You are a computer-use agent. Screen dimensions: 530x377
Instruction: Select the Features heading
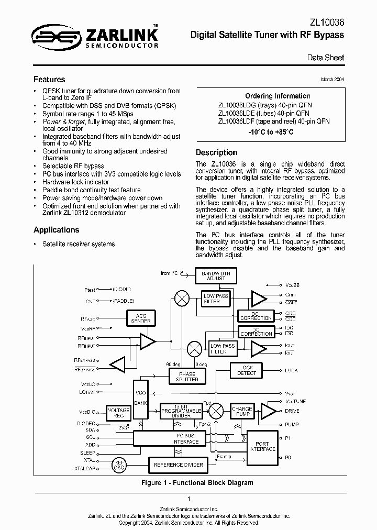click(49, 80)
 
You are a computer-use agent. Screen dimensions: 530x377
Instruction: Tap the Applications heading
click(56, 230)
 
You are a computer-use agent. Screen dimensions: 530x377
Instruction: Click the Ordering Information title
click(278, 96)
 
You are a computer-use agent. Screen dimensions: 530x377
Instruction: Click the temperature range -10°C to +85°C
click(271, 132)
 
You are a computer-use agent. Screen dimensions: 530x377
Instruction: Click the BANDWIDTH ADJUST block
click(216, 275)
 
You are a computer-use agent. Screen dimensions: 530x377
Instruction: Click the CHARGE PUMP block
click(242, 412)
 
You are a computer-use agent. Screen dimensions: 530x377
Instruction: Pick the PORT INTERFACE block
click(262, 446)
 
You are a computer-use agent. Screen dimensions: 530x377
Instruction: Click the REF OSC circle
click(119, 465)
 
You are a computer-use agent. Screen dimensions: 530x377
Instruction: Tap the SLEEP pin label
click(87, 452)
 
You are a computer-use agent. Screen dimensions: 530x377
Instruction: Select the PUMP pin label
click(292, 425)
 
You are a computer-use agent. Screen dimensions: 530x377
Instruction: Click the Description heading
click(216, 152)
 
